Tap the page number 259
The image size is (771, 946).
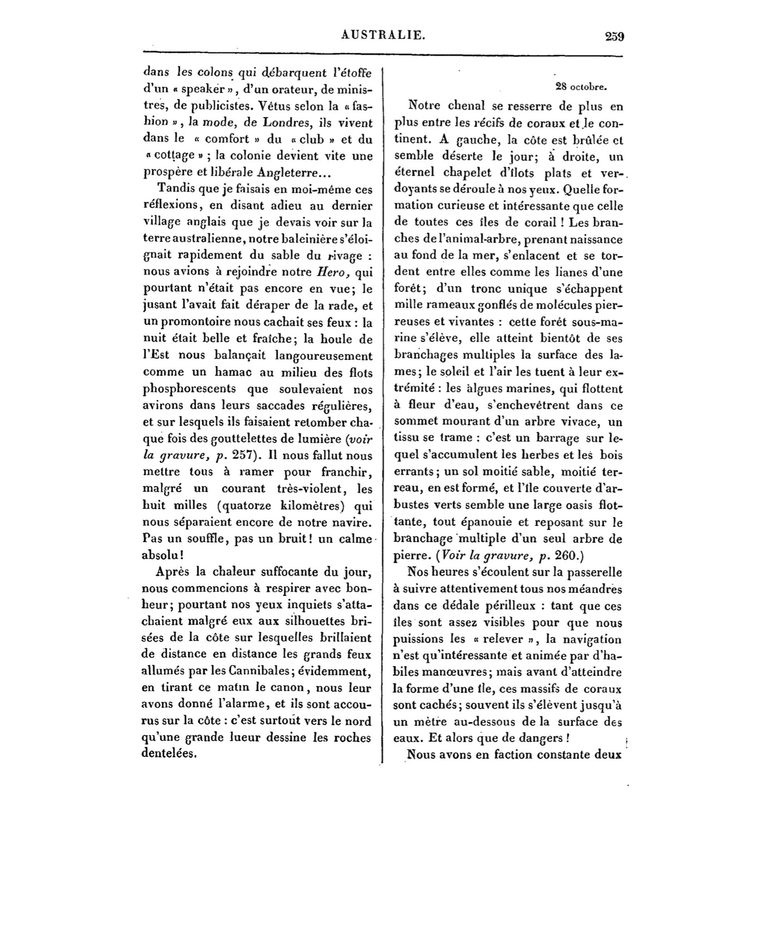pos(614,36)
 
